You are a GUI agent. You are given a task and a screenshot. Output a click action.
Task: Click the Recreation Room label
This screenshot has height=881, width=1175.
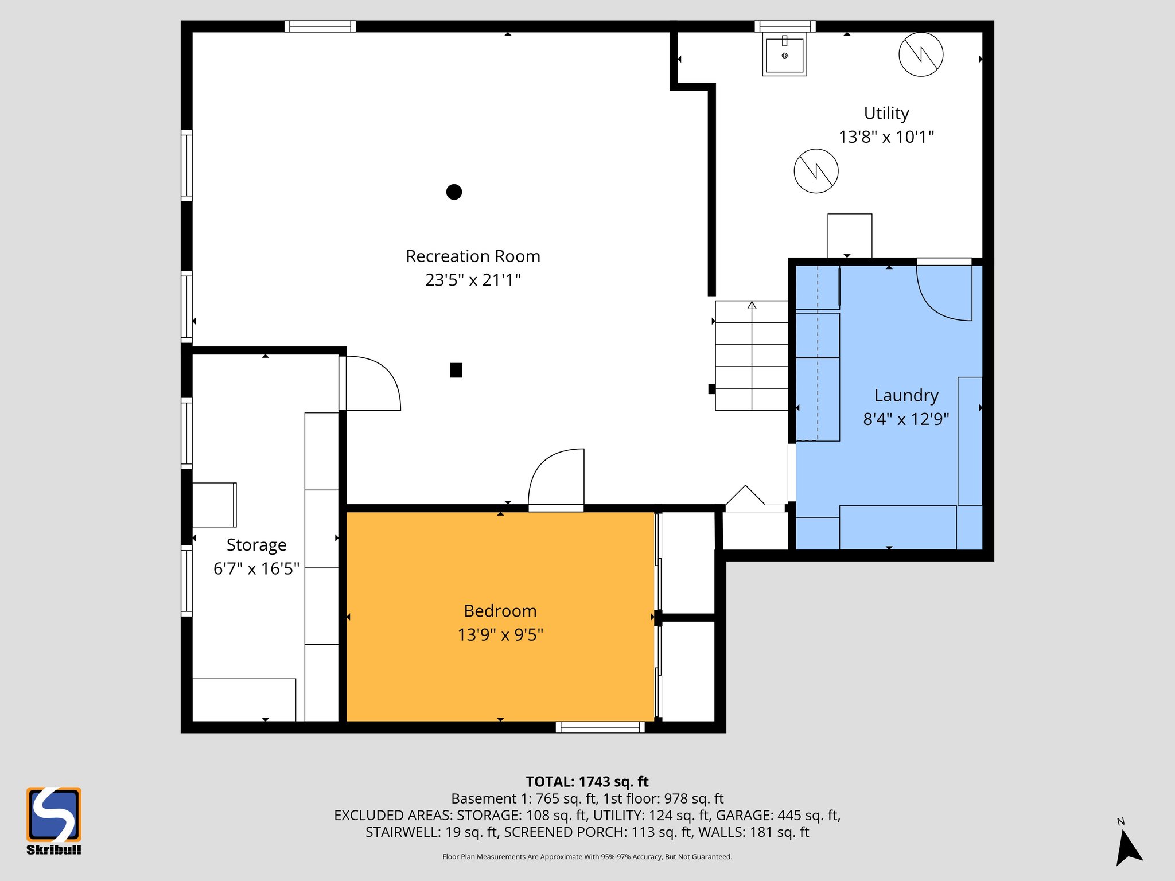tap(473, 256)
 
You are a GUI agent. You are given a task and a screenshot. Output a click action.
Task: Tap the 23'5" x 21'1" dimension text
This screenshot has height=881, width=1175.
tap(473, 280)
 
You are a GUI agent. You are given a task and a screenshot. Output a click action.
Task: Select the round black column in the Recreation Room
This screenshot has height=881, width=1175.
tap(454, 192)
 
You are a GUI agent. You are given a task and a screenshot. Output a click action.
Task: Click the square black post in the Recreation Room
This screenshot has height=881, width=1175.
tap(456, 371)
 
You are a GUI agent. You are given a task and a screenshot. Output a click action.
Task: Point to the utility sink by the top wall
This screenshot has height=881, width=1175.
tap(784, 54)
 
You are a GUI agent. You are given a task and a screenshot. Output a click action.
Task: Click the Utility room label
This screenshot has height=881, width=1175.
tap(886, 114)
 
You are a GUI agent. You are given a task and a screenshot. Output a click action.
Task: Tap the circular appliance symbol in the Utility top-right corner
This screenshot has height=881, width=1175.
tap(921, 54)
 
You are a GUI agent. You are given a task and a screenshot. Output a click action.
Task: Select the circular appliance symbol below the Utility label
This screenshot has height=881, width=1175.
tap(816, 171)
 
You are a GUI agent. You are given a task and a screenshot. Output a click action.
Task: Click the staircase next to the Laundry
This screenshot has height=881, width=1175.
tap(752, 356)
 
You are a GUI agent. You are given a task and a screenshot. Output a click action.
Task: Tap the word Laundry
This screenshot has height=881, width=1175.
tap(906, 396)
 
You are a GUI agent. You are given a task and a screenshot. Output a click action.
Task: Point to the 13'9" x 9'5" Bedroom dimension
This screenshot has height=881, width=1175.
tap(500, 635)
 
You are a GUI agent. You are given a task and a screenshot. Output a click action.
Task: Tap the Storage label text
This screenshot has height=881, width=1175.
tap(256, 545)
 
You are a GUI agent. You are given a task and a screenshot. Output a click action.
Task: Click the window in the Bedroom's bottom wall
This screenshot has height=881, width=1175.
tap(600, 727)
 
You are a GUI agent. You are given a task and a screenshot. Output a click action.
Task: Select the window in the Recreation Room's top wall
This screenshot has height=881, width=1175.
tap(320, 26)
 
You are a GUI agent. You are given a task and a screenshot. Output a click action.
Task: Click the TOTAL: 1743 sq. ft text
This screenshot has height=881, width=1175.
tap(587, 782)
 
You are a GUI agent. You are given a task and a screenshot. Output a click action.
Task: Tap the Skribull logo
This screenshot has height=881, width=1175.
tap(53, 820)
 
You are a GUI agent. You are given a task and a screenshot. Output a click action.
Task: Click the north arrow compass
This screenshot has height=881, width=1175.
tap(1127, 846)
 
